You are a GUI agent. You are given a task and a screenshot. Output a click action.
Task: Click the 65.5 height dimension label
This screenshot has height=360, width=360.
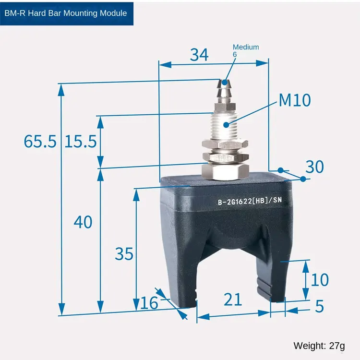tap(40, 141)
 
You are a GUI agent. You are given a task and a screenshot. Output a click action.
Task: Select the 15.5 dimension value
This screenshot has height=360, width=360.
tap(81, 141)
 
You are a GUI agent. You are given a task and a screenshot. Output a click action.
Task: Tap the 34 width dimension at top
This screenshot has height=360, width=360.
tap(199, 55)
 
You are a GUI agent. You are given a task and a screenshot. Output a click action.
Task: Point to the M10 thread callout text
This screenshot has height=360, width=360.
tap(295, 100)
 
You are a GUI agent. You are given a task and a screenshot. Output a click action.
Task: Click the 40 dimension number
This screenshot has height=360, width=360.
tap(83, 222)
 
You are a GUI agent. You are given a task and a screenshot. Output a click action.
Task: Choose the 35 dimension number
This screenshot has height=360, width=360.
tap(124, 254)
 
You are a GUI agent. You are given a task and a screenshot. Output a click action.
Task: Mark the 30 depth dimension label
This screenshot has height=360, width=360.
tap(314, 167)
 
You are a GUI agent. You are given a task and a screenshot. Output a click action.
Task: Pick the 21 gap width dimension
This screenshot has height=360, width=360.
tap(233, 300)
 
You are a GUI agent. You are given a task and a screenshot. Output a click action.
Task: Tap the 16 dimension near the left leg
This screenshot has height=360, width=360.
tap(149, 303)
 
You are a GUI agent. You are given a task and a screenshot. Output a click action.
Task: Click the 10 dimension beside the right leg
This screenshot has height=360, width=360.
tap(320, 280)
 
